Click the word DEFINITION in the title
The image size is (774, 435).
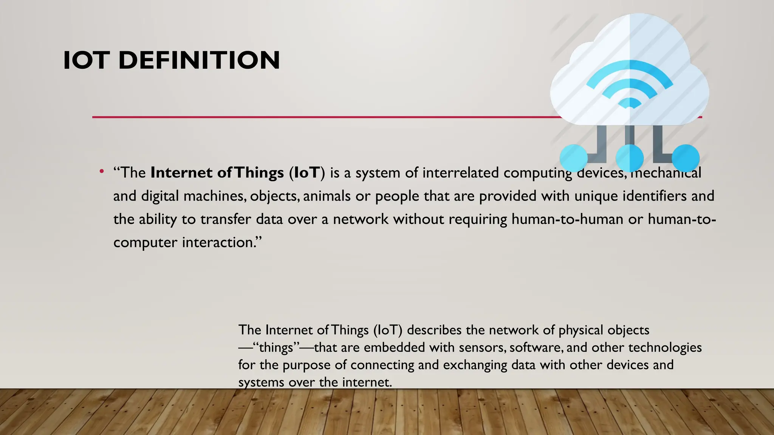199,60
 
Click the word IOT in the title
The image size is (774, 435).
87,60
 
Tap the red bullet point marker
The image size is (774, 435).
101,172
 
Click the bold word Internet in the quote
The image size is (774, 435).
181,173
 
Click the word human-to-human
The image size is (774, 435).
567,219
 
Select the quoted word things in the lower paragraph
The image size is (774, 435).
276,348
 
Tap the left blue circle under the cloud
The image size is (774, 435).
573,158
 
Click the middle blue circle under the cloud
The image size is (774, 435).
630,158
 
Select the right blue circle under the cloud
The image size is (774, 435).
686,158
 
